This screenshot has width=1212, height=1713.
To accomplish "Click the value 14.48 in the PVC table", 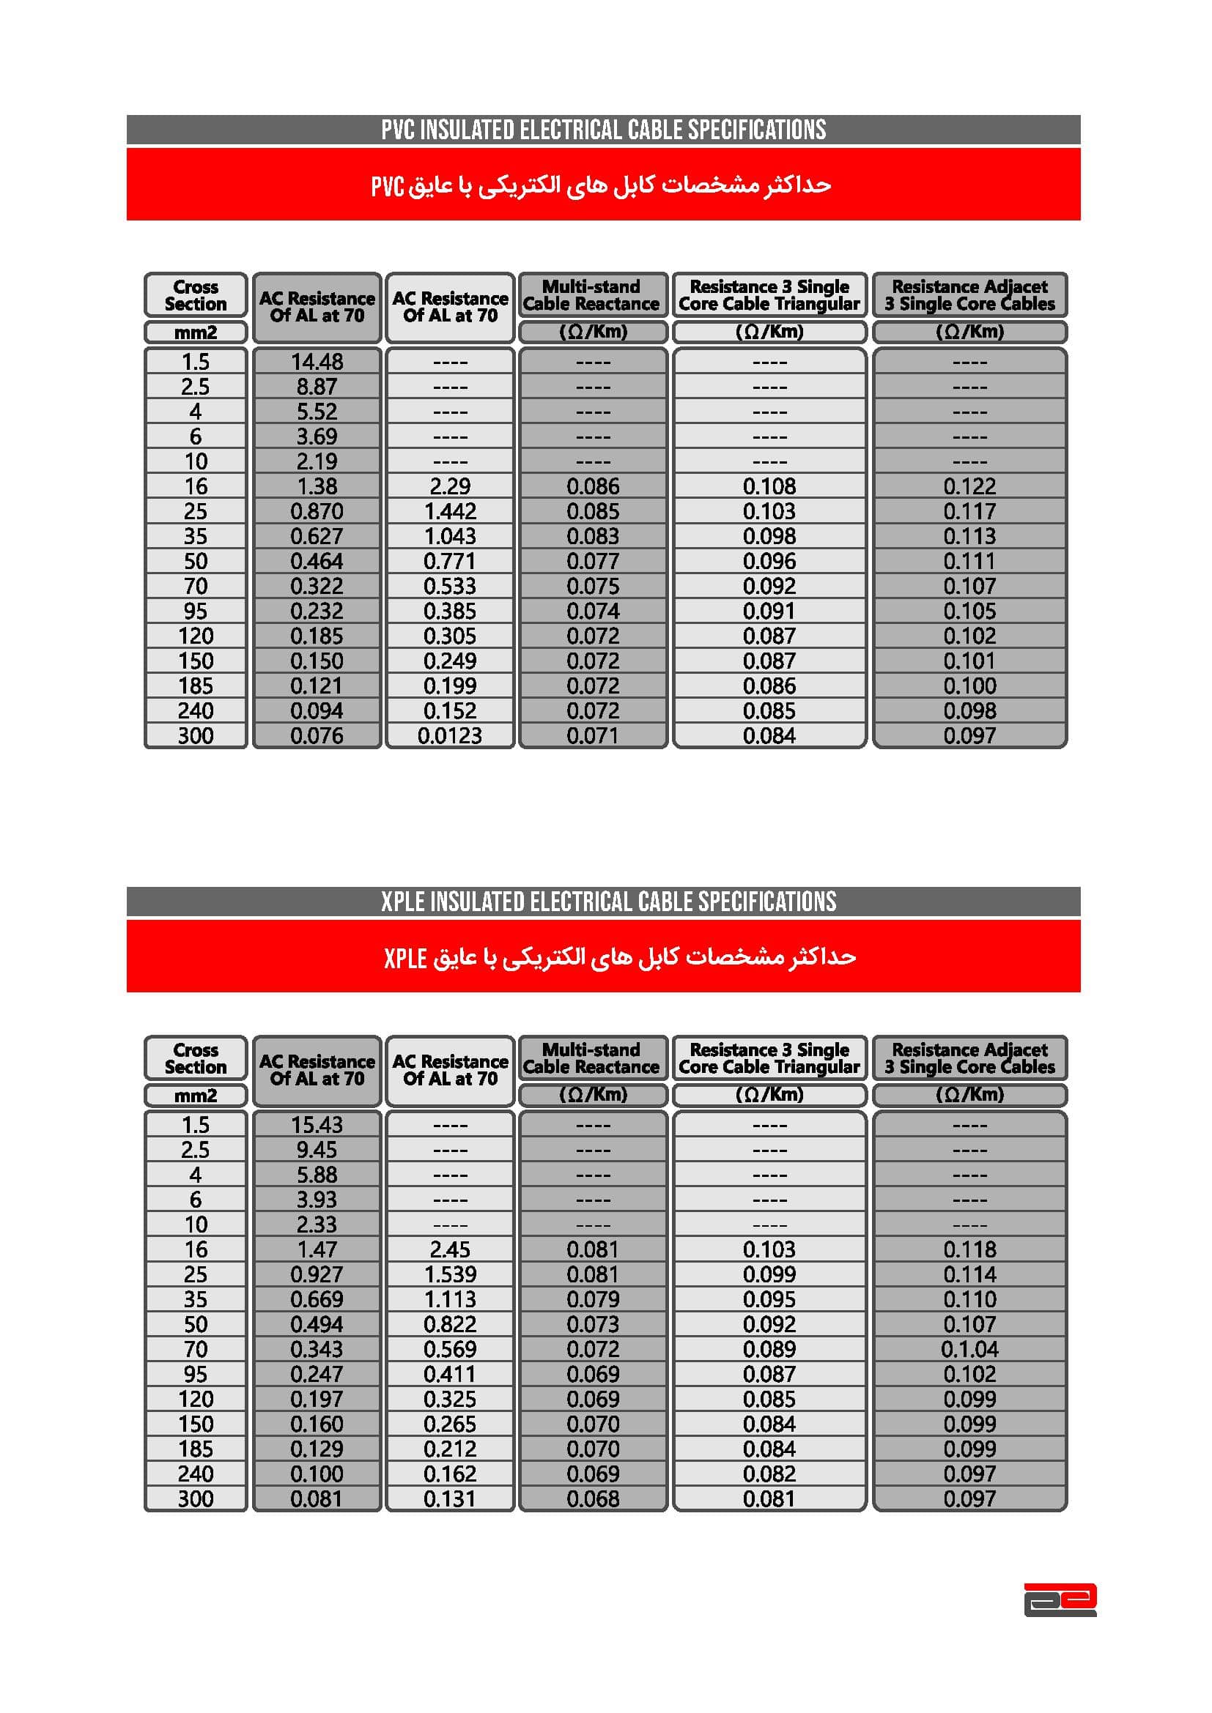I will click(317, 362).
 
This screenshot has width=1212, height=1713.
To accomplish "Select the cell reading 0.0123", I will click(449, 735).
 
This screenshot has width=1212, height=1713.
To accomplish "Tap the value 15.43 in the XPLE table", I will click(317, 1125).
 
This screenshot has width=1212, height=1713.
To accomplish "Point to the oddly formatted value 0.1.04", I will click(969, 1349).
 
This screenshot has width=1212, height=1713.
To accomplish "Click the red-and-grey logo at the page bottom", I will click(1060, 1599).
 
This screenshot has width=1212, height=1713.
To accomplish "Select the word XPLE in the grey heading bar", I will click(403, 902).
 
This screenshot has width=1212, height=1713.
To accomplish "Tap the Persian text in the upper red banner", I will click(602, 185).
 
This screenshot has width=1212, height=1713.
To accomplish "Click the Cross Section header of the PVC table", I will click(196, 295).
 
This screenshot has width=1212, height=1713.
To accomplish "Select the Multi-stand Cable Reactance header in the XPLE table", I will click(592, 1058).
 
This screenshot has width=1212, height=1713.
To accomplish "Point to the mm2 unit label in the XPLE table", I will click(196, 1095).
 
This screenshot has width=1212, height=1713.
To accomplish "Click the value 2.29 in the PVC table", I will click(449, 486).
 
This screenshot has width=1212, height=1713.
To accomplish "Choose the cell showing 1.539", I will click(449, 1274).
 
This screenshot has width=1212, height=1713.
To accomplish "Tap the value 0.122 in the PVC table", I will click(969, 486).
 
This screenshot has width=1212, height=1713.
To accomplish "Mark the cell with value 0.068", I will click(593, 1499).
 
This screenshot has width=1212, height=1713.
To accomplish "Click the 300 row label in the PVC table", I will click(196, 735).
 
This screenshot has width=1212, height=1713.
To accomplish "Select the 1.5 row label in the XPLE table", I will click(196, 1125).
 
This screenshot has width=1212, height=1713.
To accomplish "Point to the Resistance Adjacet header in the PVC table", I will click(969, 295).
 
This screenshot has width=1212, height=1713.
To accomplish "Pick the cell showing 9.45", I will click(317, 1150).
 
